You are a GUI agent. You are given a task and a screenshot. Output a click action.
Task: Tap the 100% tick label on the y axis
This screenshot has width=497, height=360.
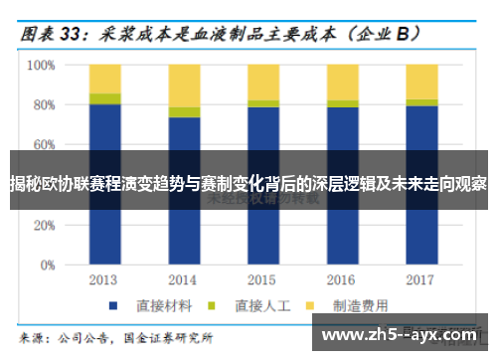(41, 65)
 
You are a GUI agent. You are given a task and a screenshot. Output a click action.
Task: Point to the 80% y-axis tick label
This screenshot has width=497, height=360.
(44, 104)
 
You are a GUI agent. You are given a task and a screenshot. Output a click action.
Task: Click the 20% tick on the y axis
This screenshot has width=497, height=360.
(44, 226)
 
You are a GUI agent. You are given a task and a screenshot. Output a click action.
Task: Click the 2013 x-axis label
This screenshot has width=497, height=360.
(103, 279)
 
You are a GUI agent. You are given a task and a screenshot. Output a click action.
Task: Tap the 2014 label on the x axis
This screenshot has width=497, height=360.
(184, 279)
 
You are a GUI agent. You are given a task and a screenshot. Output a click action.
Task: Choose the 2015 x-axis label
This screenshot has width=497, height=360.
(262, 279)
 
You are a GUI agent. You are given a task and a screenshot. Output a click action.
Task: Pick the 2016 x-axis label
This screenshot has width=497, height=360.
(342, 279)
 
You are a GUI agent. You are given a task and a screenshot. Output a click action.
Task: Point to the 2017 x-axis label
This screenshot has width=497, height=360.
(421, 279)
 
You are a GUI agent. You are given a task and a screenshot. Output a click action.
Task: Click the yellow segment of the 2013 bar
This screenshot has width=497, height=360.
(104, 79)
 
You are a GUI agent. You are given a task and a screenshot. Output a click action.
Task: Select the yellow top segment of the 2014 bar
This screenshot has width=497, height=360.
(184, 85)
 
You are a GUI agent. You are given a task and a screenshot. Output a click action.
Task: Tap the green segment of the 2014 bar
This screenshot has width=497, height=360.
(184, 111)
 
